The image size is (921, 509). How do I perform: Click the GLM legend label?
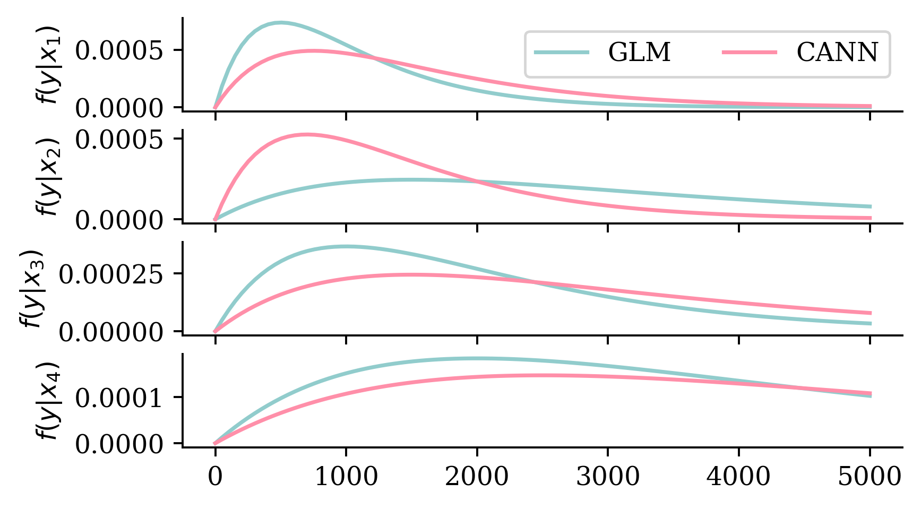click(x=639, y=52)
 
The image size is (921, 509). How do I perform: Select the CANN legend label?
click(x=837, y=52)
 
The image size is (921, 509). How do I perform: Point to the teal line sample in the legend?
click(x=562, y=52)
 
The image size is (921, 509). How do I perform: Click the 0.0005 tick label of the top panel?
click(x=118, y=51)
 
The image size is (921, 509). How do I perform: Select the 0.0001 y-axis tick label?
click(x=118, y=398)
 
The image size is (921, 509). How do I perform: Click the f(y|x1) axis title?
click(x=49, y=65)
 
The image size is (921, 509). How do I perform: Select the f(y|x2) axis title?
click(x=49, y=177)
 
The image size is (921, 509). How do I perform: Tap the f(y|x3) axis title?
click(x=33, y=289)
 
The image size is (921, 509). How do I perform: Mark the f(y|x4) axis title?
click(x=49, y=401)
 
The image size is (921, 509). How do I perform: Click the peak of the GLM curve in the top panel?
click(x=280, y=22)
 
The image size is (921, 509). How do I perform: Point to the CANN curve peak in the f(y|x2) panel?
click(x=306, y=134)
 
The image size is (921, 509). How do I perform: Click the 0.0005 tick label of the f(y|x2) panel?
click(x=118, y=140)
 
